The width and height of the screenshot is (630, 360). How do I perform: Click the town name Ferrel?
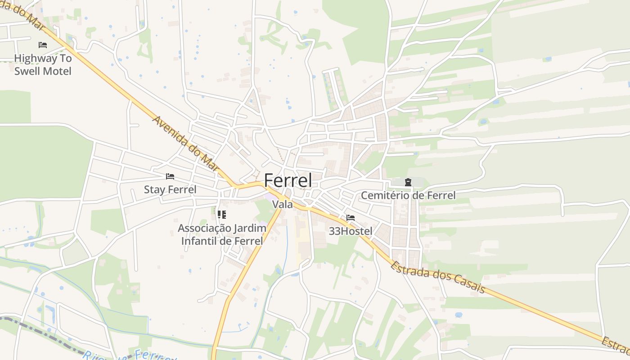(x=288, y=180)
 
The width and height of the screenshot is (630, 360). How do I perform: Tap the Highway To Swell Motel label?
(x=43, y=65)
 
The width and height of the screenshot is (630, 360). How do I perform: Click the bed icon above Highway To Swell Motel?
(x=43, y=45)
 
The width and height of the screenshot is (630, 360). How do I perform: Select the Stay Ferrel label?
(x=170, y=189)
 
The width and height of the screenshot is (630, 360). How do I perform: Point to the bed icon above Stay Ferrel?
(x=170, y=176)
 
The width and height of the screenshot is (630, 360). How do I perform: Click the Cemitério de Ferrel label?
(x=408, y=195)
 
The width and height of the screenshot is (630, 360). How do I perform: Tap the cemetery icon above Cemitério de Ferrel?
(x=408, y=182)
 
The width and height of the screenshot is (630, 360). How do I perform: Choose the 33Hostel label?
(x=351, y=231)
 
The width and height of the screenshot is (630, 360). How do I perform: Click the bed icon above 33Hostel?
(x=351, y=218)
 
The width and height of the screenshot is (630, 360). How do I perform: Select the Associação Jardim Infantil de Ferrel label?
(x=222, y=234)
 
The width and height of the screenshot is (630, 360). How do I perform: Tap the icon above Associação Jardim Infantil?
(x=222, y=214)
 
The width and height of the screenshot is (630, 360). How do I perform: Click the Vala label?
(x=283, y=204)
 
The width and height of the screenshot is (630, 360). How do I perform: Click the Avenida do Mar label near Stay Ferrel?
(x=188, y=146)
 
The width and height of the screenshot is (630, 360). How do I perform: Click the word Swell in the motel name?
(x=27, y=71)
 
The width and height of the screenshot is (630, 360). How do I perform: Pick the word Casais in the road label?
(x=469, y=285)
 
